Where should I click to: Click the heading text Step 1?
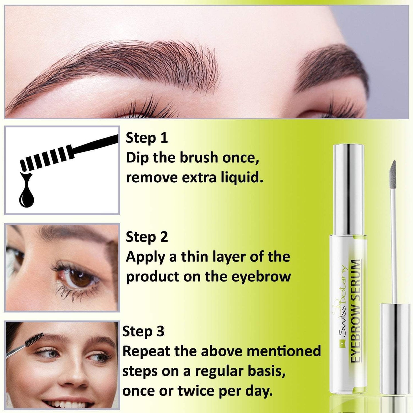pyautogui.click(x=147, y=138)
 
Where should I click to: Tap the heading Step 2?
pyautogui.click(x=147, y=237)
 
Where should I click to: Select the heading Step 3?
pyautogui.click(x=143, y=332)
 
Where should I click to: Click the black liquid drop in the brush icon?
pyautogui.click(x=26, y=195)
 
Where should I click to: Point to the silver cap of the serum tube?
pyautogui.click(x=349, y=189)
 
